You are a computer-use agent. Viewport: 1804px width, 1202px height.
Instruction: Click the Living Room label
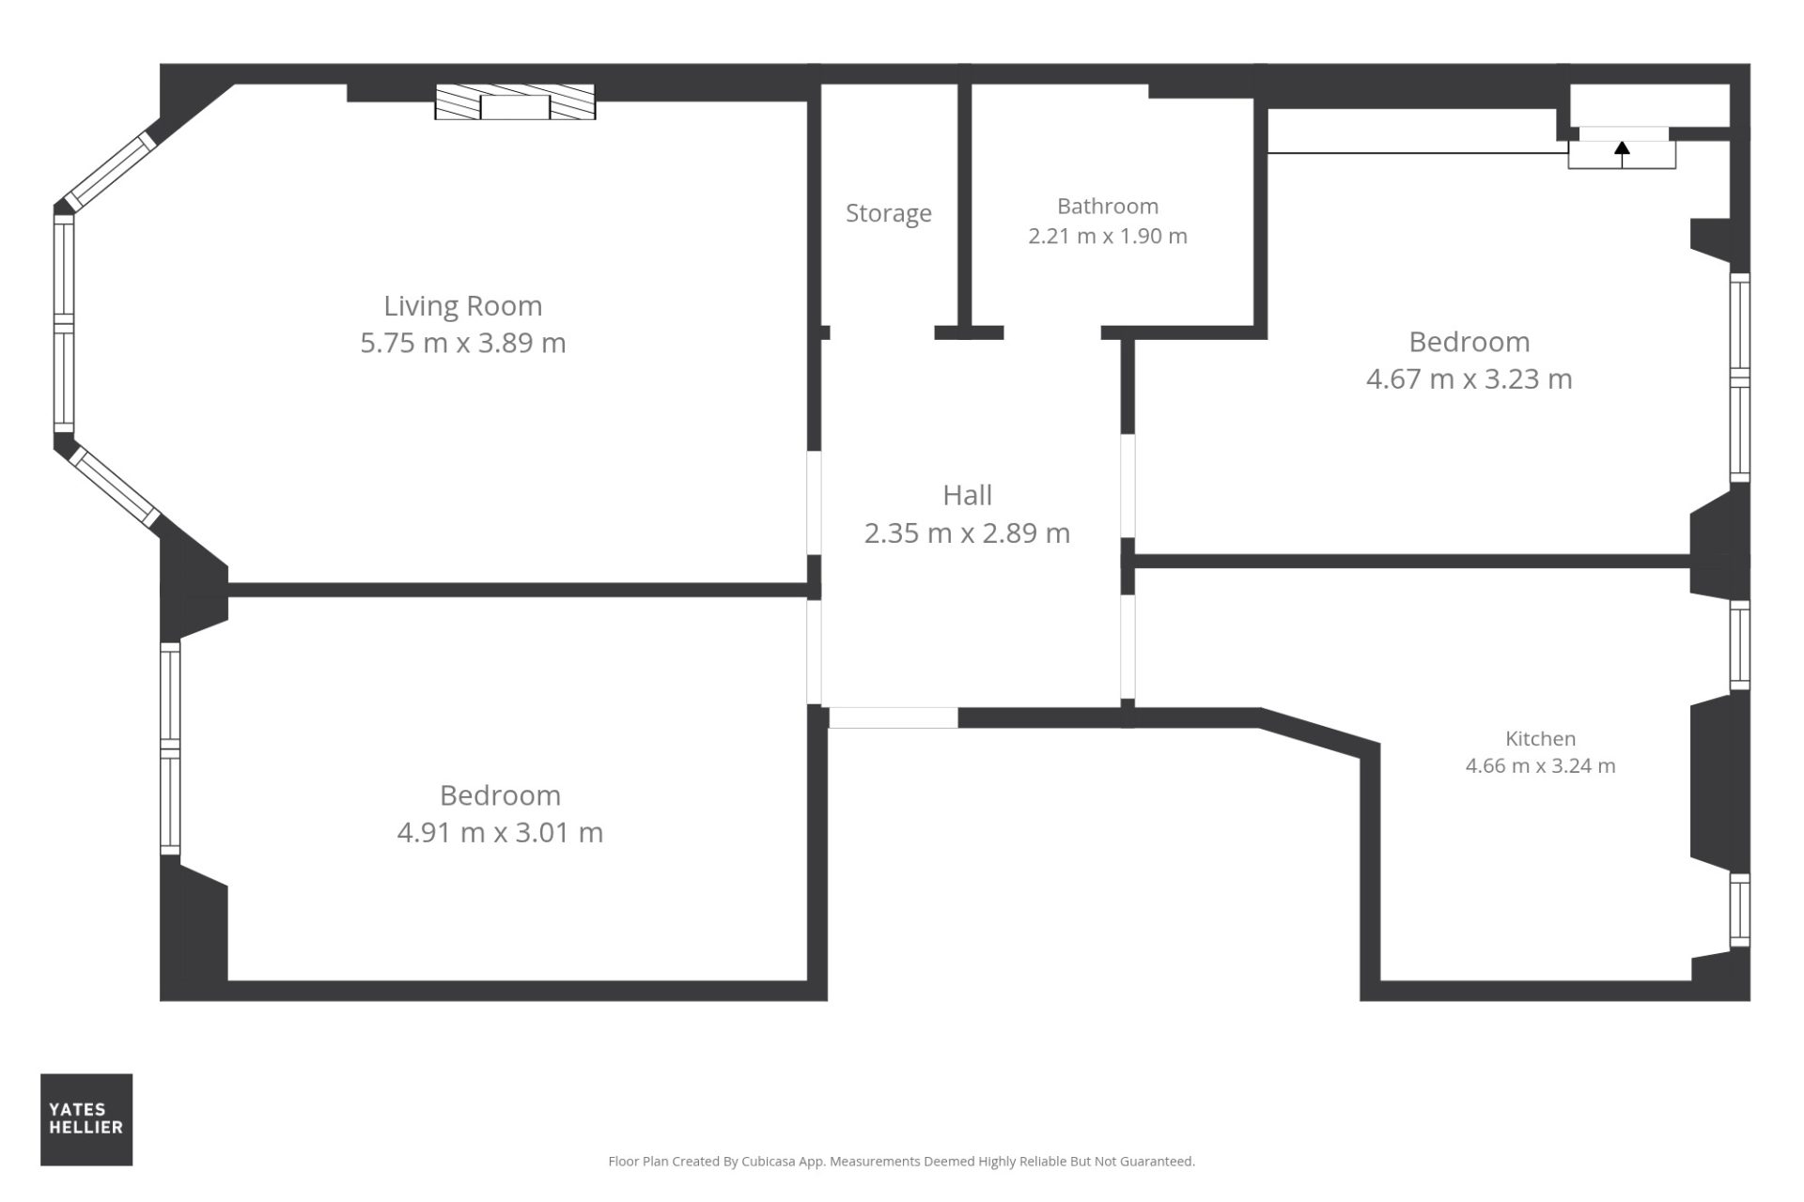tap(462, 306)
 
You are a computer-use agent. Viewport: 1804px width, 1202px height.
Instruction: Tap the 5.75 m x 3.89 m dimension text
tap(463, 343)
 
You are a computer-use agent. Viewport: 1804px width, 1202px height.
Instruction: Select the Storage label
tap(889, 214)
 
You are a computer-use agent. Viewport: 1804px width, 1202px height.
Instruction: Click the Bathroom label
tap(1108, 206)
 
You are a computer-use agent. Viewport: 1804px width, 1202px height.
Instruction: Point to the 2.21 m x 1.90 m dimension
tap(1108, 236)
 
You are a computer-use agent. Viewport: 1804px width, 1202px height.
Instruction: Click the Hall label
tap(967, 495)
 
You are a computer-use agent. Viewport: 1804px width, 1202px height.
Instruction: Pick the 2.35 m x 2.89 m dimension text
tap(967, 533)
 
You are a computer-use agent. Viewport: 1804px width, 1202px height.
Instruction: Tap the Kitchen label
tap(1540, 738)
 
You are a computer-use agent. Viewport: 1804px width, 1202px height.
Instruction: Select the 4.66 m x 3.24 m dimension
tap(1540, 765)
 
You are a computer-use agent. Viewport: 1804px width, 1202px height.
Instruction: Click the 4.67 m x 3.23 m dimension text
tap(1469, 379)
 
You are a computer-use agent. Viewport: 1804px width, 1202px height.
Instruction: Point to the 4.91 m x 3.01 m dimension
tap(500, 833)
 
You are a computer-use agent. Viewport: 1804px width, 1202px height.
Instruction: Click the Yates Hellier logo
tap(86, 1119)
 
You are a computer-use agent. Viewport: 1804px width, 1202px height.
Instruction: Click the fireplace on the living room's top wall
tap(515, 101)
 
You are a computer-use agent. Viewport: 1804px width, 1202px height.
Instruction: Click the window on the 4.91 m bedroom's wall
tap(170, 748)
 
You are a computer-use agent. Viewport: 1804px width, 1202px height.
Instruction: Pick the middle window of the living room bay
tap(63, 324)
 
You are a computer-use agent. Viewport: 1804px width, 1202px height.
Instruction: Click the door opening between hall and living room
tap(815, 502)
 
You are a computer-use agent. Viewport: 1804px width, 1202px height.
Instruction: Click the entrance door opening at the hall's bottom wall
tap(894, 717)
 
